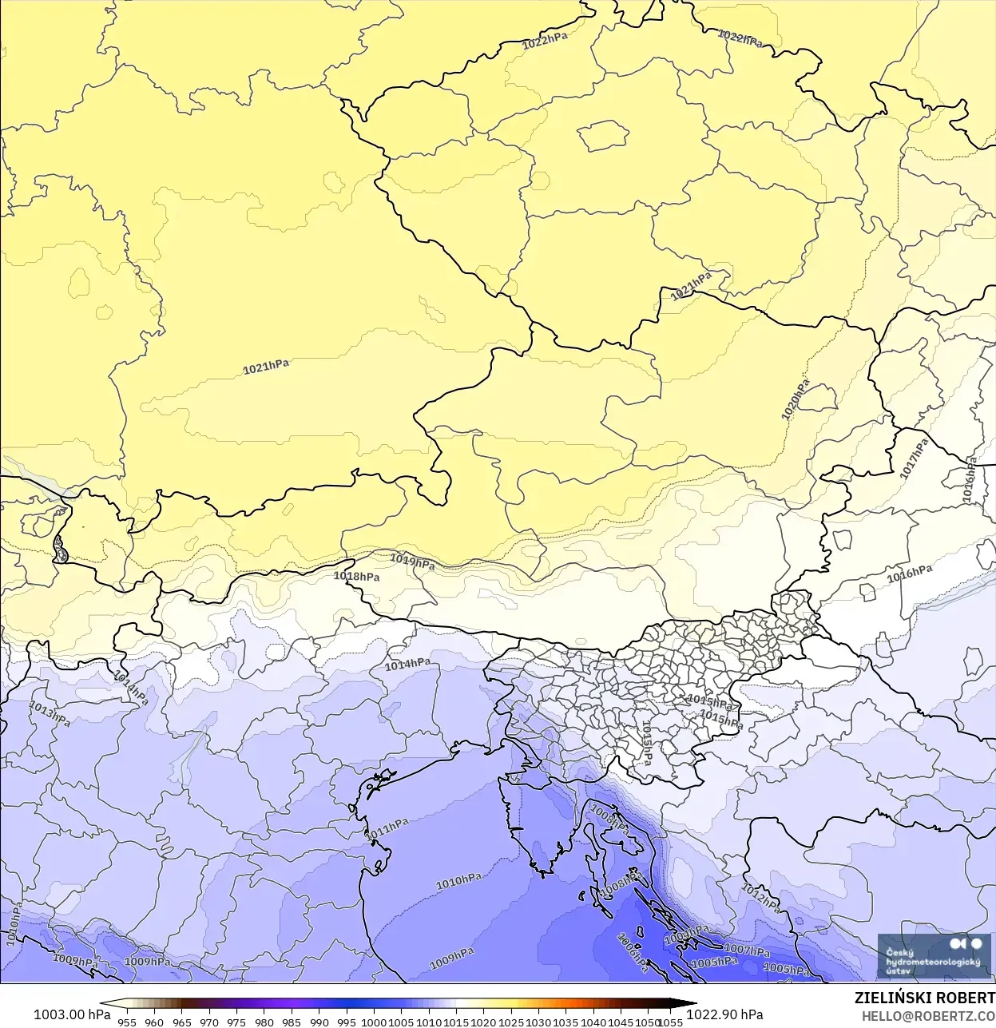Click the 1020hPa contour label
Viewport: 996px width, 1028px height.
tap(795, 399)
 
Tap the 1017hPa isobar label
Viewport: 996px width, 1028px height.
tap(914, 458)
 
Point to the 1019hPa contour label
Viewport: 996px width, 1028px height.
tap(412, 562)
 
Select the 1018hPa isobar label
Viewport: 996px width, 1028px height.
tap(356, 576)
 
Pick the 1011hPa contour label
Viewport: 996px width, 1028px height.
tap(387, 828)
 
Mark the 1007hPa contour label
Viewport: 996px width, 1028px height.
tap(747, 950)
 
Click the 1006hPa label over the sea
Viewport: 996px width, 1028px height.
tap(633, 952)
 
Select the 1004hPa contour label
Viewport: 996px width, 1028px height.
tap(686, 933)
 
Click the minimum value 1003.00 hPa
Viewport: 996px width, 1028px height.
tap(72, 1014)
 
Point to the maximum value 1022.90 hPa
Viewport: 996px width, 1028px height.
tap(724, 1014)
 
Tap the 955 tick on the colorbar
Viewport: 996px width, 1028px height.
tap(127, 1022)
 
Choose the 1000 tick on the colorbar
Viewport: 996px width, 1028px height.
tap(374, 1022)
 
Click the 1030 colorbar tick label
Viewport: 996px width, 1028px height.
tap(538, 1022)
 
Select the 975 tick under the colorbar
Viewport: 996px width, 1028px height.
tap(236, 1022)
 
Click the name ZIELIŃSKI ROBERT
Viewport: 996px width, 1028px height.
tap(924, 998)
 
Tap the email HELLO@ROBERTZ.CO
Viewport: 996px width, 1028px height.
tap(928, 1016)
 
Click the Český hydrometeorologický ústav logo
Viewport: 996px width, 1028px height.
tap(933, 956)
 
